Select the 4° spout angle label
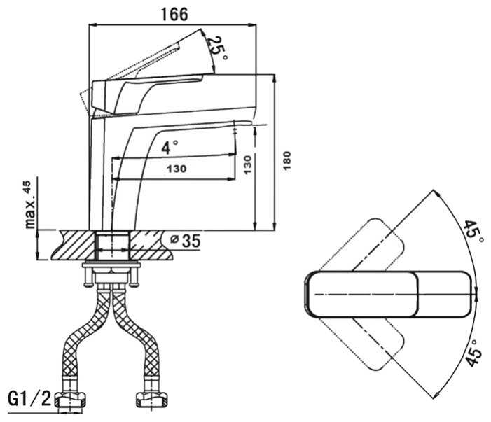[x=169, y=147]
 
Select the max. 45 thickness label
[x=28, y=204]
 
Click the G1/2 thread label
[x=30, y=400]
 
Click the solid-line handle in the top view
[x=387, y=294]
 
